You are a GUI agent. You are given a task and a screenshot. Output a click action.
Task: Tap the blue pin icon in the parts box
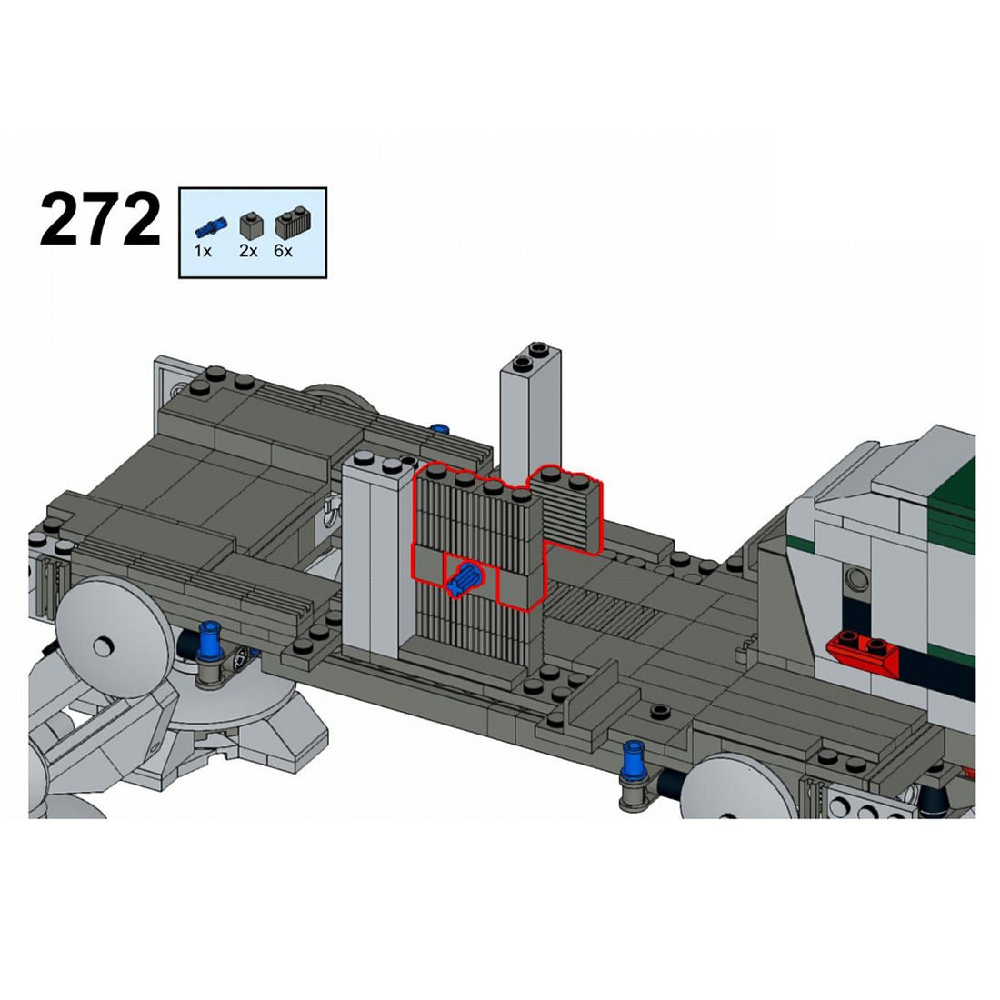(x=208, y=225)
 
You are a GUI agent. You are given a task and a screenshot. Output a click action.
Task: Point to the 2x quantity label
(x=248, y=251)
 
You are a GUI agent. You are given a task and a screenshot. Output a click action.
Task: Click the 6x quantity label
(x=283, y=251)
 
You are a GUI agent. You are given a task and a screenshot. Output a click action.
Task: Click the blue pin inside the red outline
(x=467, y=578)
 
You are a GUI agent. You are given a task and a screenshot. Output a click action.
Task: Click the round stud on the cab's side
(x=854, y=577)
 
